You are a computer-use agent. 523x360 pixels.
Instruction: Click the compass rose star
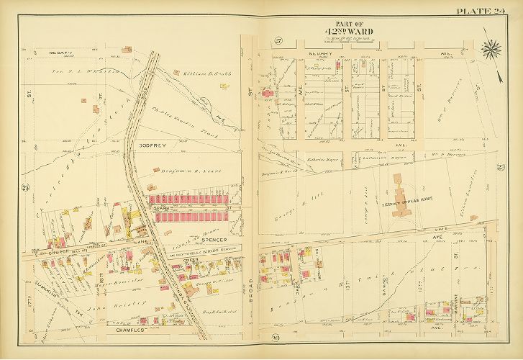click(493, 48)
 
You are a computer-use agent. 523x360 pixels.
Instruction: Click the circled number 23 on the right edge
click(500, 168)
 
